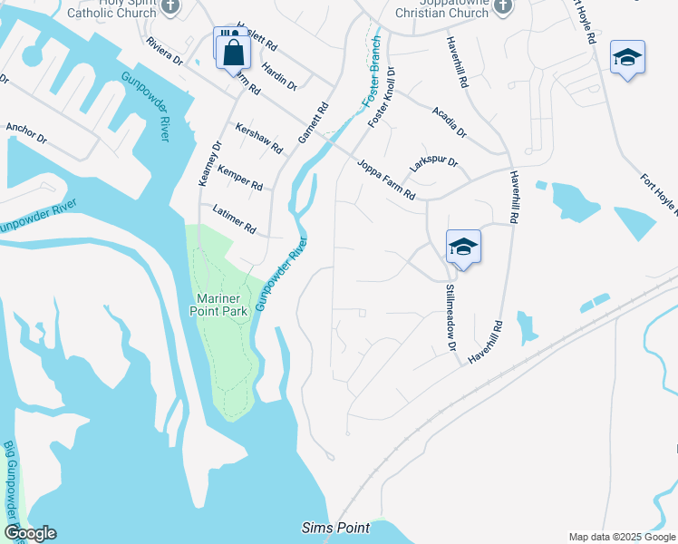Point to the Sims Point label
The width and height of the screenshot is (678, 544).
332,528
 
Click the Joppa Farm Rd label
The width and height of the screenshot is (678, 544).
385,181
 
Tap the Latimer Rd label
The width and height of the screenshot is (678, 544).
235,220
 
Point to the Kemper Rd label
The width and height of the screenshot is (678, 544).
239,178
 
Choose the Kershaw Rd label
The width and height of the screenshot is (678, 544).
259,139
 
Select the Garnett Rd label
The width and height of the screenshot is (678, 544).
311,124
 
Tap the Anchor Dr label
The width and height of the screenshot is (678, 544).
25,133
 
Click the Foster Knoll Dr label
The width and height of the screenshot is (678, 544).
381,95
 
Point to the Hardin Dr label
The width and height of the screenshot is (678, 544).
279,77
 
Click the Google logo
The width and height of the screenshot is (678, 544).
29,533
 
